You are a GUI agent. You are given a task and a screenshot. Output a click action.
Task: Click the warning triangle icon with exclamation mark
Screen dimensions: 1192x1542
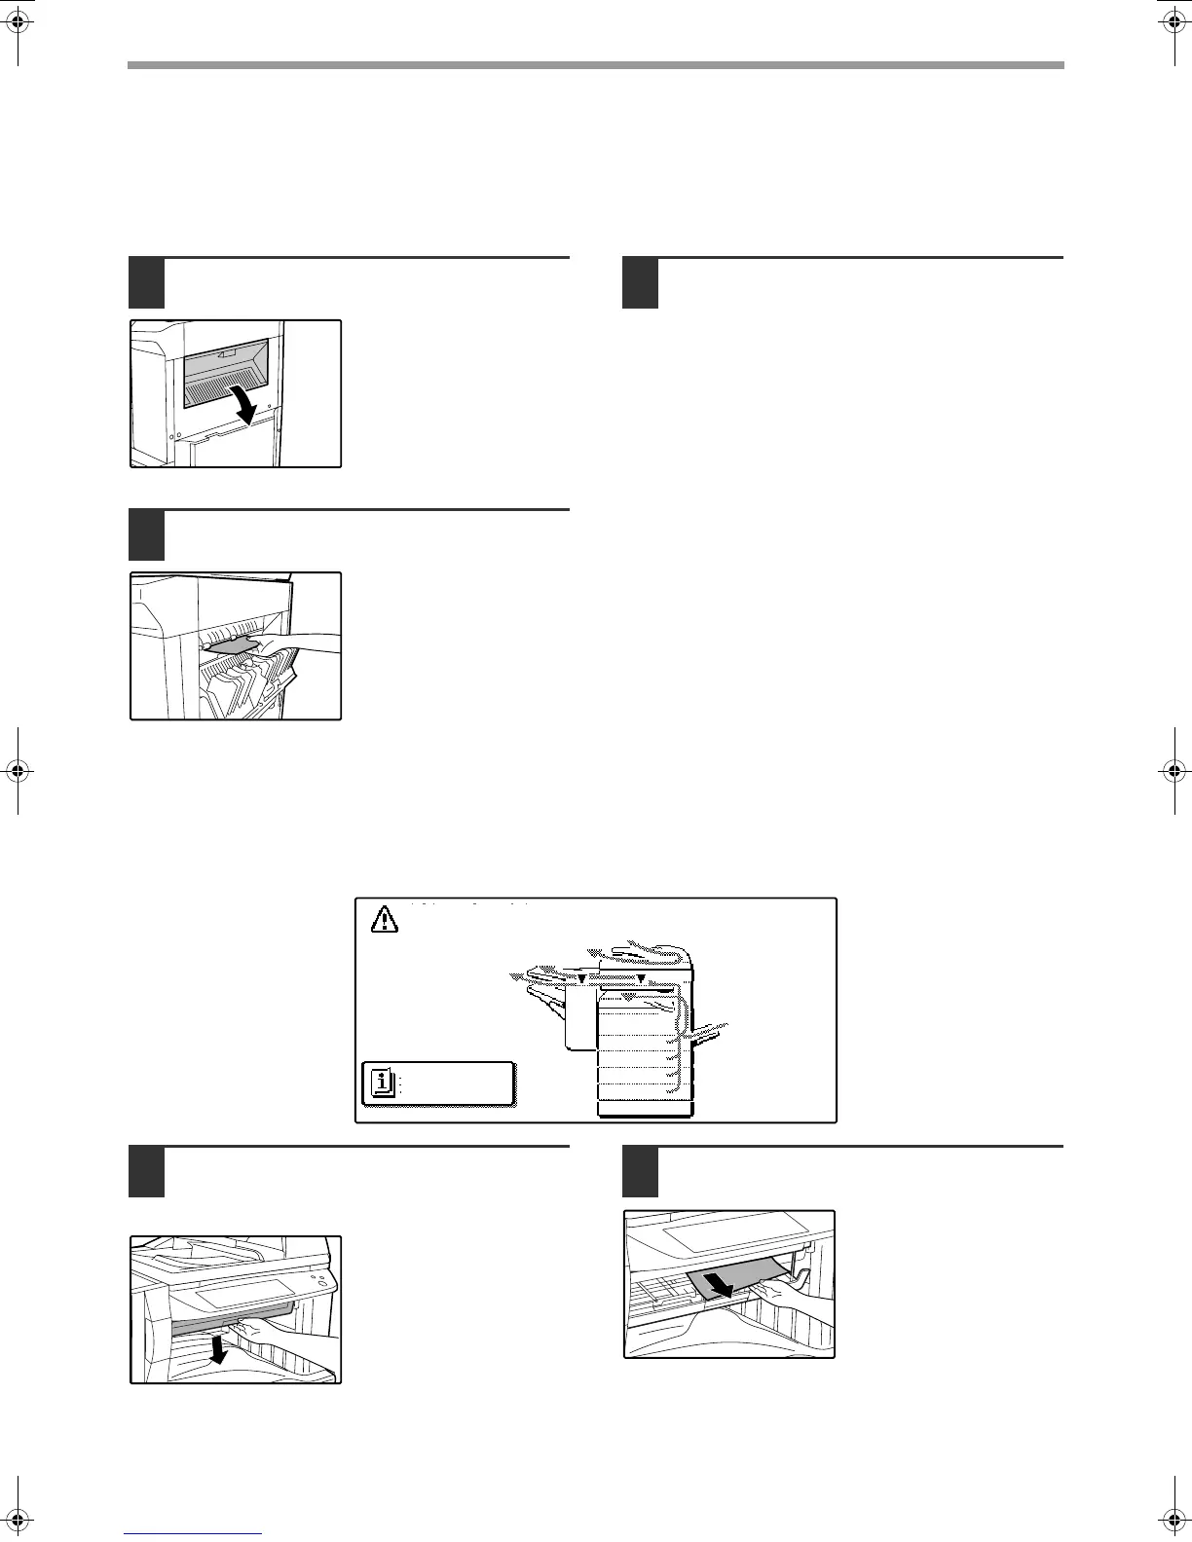(x=386, y=918)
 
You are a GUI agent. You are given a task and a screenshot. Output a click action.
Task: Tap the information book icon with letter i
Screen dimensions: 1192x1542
(x=384, y=1083)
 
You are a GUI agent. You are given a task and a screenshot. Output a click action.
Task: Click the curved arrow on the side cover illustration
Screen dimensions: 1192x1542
(x=242, y=403)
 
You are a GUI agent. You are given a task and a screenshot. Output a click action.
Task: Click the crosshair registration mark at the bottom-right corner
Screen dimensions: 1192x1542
(x=1173, y=1522)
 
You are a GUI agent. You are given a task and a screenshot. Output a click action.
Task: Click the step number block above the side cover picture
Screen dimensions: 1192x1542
(x=147, y=283)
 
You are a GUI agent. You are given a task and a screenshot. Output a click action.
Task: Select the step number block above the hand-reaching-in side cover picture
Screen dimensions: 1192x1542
(x=147, y=534)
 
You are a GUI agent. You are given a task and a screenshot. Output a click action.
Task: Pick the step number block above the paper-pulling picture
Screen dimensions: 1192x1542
(x=640, y=1172)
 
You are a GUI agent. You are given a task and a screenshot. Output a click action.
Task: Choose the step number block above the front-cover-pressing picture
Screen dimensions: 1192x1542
(x=147, y=1172)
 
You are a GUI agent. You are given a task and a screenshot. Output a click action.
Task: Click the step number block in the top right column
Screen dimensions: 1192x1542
(x=640, y=283)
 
